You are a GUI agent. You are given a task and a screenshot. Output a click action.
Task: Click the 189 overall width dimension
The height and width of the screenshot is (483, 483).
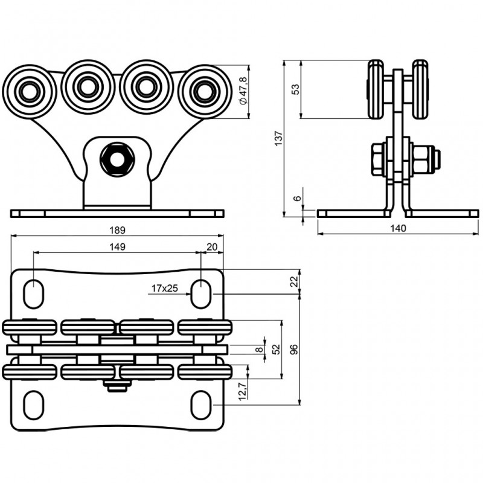pyautogui.click(x=117, y=230)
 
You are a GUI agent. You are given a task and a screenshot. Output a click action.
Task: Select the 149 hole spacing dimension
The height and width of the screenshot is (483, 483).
pyautogui.click(x=117, y=246)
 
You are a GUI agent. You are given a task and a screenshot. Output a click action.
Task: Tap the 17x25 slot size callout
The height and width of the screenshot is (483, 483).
pyautogui.click(x=164, y=289)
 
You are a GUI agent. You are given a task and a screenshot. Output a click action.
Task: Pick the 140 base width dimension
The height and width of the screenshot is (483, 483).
pyautogui.click(x=398, y=228)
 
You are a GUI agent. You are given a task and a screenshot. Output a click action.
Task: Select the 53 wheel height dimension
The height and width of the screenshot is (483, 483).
pyautogui.click(x=295, y=89)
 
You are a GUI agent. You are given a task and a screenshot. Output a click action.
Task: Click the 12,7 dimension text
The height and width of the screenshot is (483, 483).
pyautogui.click(x=241, y=391)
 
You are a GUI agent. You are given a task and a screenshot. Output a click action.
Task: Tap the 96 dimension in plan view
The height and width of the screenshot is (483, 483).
pyautogui.click(x=293, y=349)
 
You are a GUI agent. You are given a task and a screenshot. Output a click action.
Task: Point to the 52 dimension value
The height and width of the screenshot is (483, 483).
pyautogui.click(x=276, y=349)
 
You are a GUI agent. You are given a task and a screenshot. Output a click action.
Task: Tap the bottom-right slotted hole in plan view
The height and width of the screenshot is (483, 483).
pyautogui.click(x=200, y=405)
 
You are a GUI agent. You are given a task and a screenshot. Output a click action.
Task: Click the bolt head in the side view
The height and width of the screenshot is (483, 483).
pyautogui.click(x=378, y=159)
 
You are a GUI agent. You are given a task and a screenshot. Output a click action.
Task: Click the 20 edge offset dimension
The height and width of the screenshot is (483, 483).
pyautogui.click(x=211, y=246)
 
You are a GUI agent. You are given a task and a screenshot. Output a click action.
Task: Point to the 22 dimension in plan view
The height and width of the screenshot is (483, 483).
pyautogui.click(x=293, y=281)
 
